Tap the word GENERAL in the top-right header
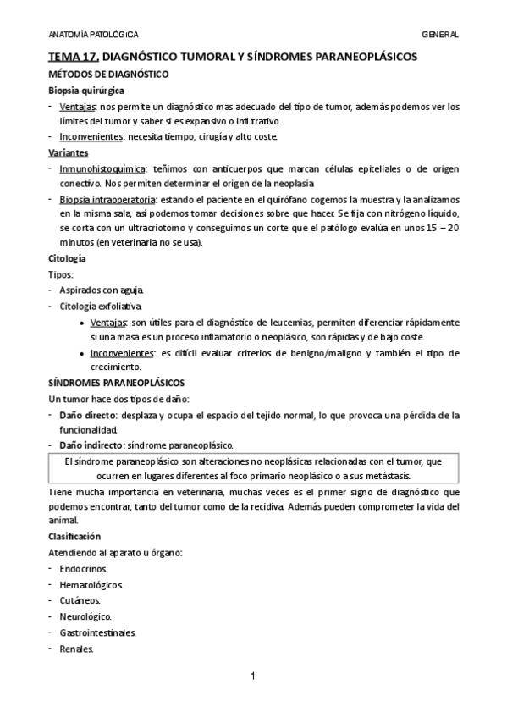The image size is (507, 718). [440, 34]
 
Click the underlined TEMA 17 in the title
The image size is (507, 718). [74, 58]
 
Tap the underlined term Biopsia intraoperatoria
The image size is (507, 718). [107, 200]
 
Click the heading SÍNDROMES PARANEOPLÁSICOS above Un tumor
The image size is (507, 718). [116, 383]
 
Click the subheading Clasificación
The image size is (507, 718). [74, 537]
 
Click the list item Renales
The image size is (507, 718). [77, 649]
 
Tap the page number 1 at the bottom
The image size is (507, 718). [252, 676]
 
